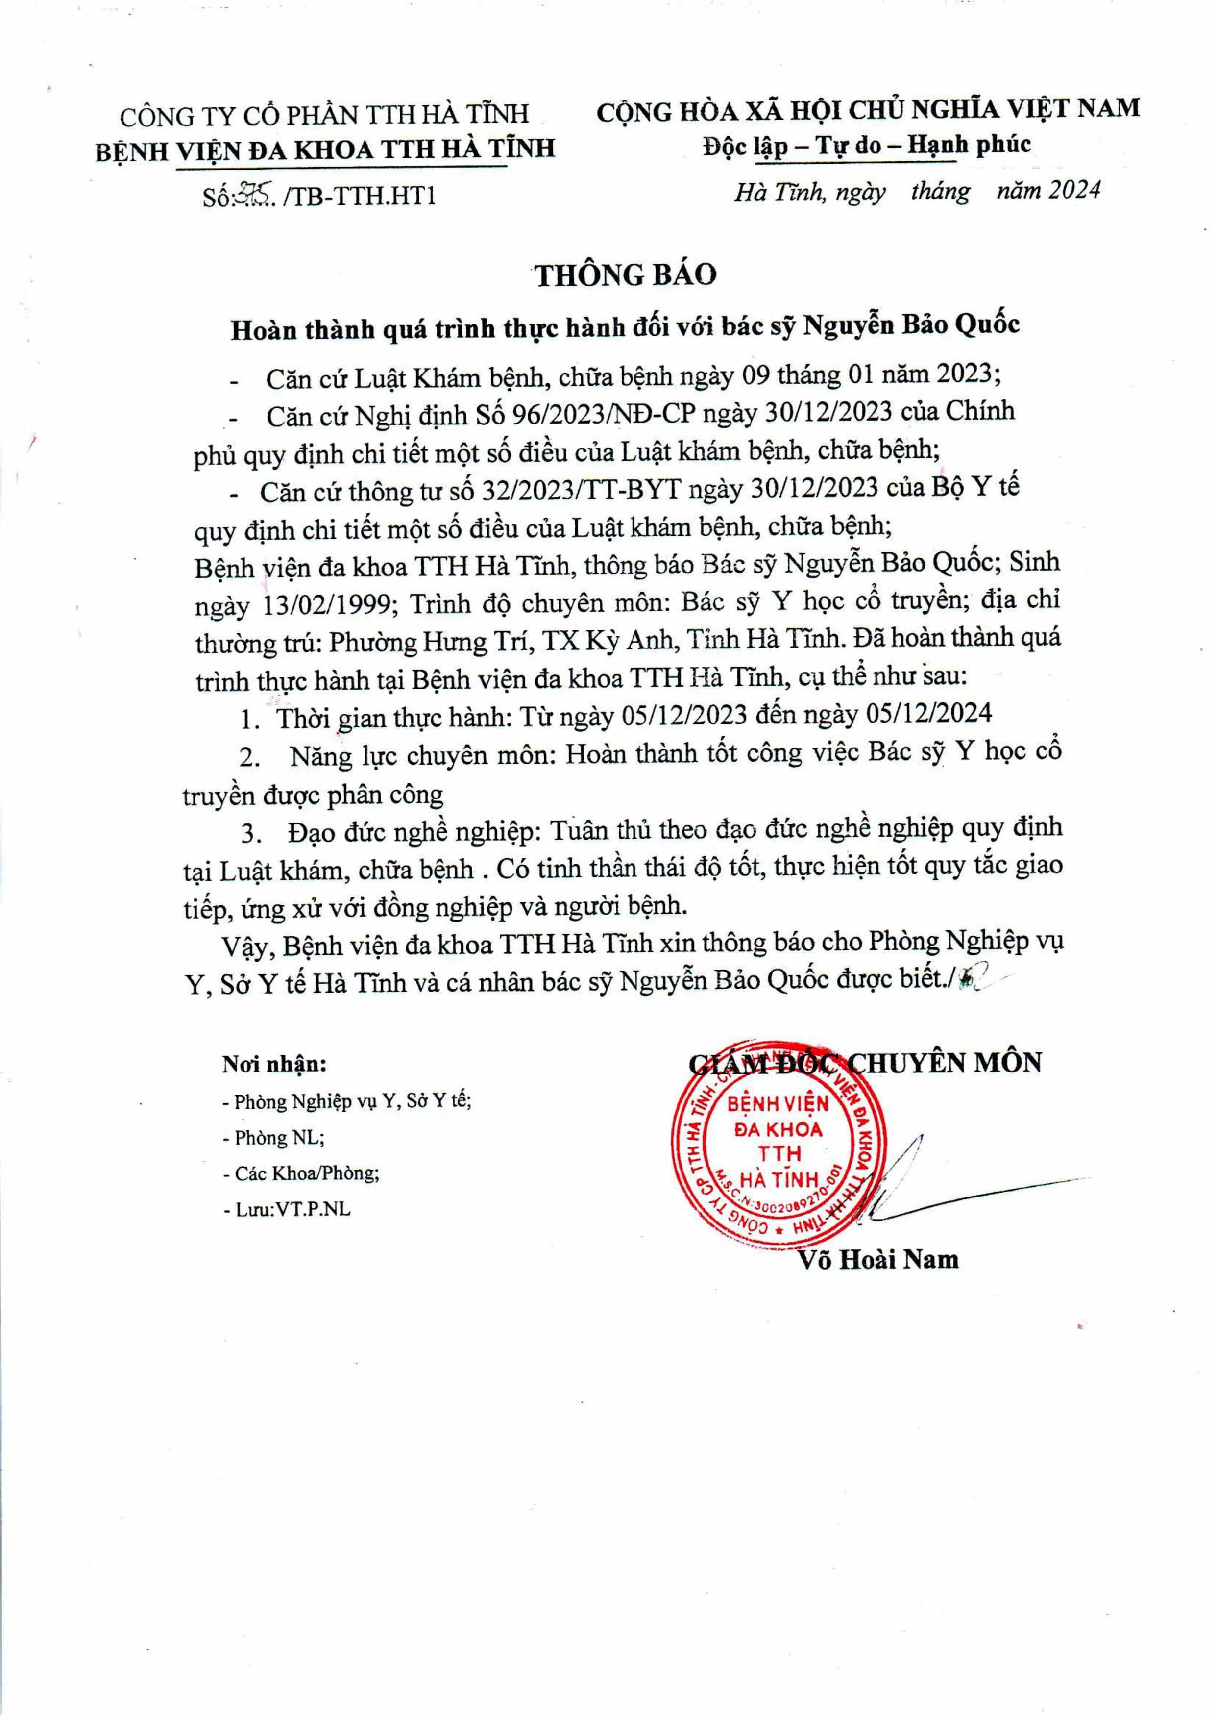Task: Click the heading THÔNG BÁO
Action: (x=625, y=275)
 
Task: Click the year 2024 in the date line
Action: (x=1074, y=191)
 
